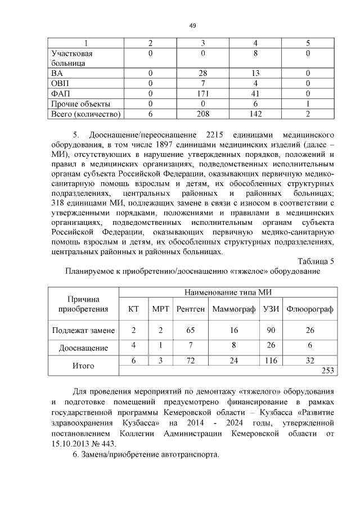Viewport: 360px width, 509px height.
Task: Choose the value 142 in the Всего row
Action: (255, 114)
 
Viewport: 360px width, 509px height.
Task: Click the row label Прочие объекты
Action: (80, 104)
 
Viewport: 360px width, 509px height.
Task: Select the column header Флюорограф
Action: (310, 309)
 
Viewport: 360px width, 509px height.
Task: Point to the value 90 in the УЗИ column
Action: (271, 330)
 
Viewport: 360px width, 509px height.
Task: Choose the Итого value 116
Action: (271, 360)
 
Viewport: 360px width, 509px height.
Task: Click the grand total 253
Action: (327, 370)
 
